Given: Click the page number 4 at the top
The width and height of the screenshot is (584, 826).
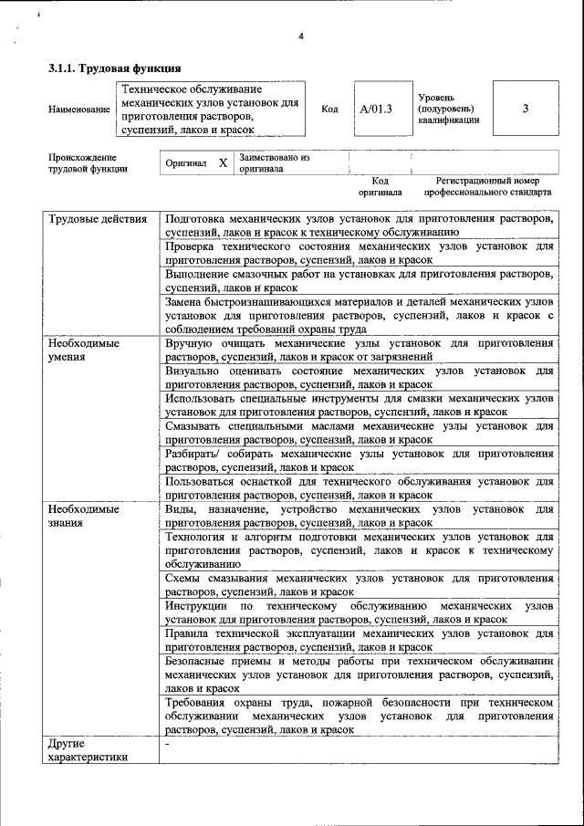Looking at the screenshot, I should pos(300,37).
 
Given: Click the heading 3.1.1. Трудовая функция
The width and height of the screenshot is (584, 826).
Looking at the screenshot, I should pos(114,68).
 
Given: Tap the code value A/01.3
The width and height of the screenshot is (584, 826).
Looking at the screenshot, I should pos(375,110).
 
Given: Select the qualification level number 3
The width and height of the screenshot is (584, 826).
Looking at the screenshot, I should pos(525,110).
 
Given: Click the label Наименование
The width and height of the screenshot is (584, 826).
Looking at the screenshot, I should pos(78,110).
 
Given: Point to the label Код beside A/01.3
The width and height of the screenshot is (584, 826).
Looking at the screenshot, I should pos(329,110).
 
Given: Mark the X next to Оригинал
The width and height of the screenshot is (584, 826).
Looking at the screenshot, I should pos(222,163).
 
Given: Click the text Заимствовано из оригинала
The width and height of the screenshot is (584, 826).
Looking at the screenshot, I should pos(274,163).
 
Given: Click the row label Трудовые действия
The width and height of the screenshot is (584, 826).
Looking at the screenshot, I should pos(97,220).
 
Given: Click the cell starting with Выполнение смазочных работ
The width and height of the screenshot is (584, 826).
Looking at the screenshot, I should pos(359,279).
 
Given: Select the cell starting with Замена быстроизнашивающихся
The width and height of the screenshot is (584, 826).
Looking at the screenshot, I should pos(359,314).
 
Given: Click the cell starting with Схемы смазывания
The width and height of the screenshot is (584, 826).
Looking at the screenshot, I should pos(359,584).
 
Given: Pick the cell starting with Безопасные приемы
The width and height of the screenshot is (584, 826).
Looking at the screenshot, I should pos(359,674).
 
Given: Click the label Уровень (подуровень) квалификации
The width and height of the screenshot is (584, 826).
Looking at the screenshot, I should pos(447,110).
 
